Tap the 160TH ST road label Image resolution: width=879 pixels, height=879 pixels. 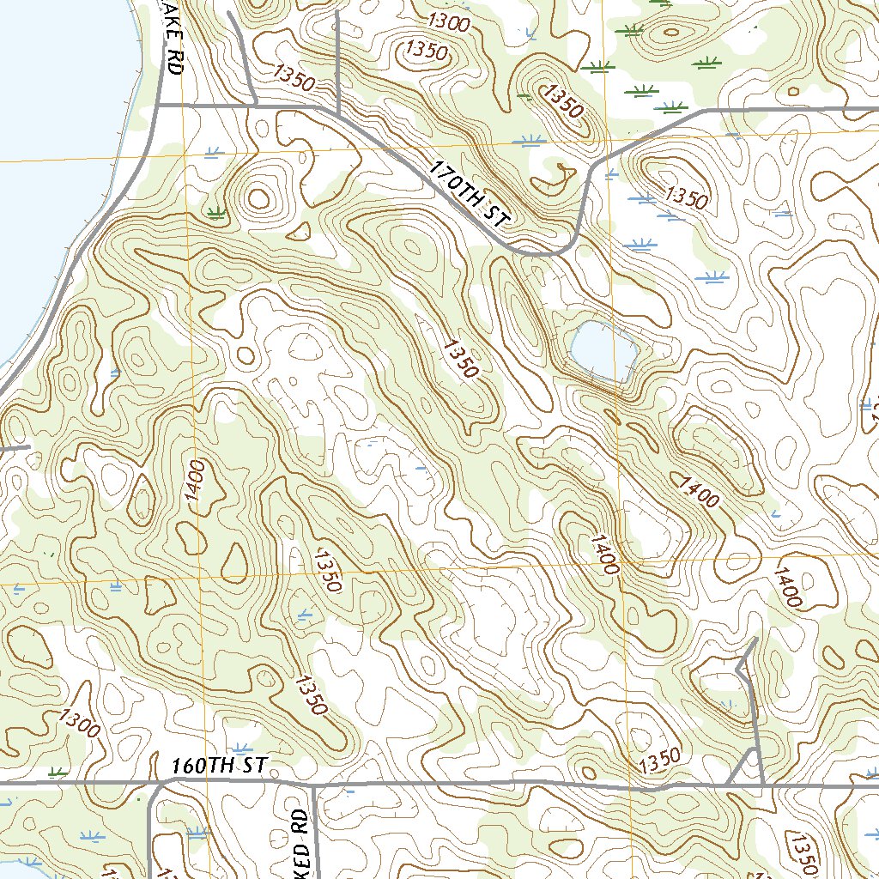[x=220, y=766]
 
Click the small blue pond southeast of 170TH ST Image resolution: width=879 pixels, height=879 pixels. [x=603, y=351]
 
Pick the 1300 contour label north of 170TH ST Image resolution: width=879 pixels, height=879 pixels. [x=449, y=22]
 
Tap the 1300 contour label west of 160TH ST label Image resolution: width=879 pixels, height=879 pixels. [x=81, y=725]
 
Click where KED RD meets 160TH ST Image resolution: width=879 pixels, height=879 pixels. [x=313, y=785]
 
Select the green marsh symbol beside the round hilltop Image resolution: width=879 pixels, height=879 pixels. [x=215, y=211]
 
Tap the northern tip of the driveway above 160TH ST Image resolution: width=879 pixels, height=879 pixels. [x=755, y=640]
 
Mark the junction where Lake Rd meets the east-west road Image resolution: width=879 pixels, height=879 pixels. [x=159, y=105]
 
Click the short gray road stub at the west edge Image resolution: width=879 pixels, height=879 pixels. [x=15, y=447]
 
